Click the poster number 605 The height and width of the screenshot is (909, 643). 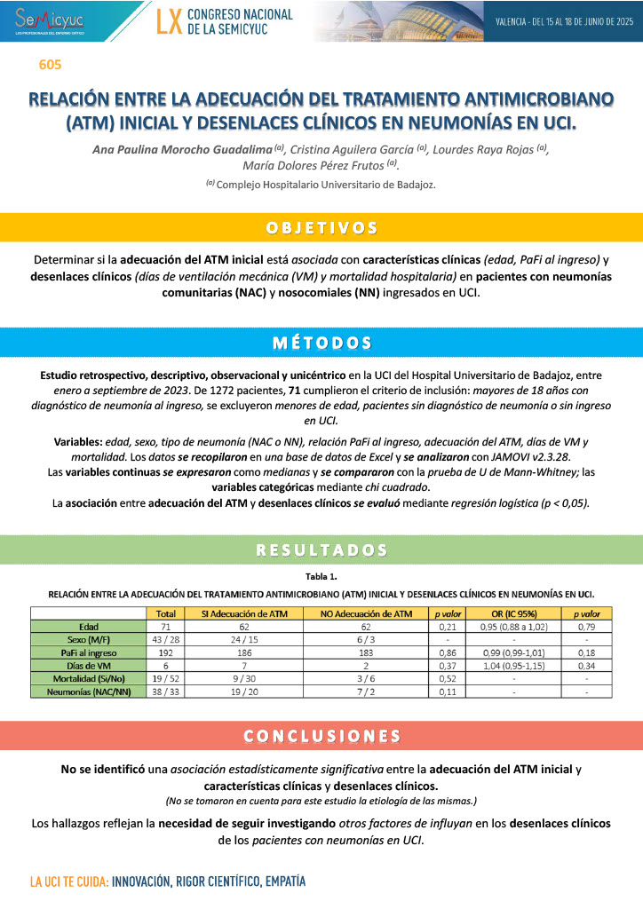coord(50,65)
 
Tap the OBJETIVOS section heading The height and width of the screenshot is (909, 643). coord(321,228)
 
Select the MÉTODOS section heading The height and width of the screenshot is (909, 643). coord(321,343)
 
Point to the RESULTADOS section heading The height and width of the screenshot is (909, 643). coord(321,550)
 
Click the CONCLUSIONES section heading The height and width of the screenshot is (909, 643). coord(321,736)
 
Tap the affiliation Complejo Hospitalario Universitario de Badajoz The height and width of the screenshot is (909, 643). coord(326,185)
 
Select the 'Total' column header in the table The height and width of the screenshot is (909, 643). coord(165,613)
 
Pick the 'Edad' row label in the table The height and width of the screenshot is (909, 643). coord(89,626)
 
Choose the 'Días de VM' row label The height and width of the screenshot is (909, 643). coord(89,664)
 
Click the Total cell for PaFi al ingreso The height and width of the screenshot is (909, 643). coord(165,652)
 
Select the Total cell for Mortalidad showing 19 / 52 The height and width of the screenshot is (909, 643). coord(165,677)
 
